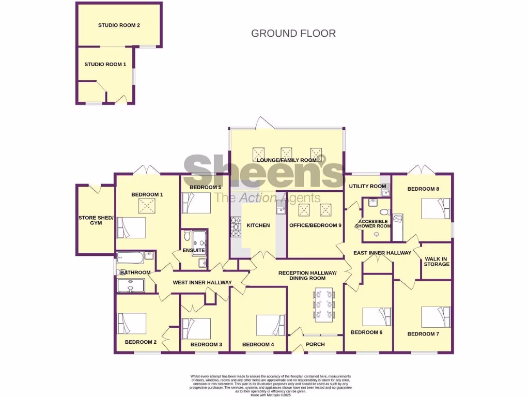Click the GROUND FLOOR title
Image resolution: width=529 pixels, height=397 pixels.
pos(293,34)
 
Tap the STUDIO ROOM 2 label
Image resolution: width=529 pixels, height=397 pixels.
pos(119,25)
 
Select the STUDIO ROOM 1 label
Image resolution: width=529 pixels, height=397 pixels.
pos(105,64)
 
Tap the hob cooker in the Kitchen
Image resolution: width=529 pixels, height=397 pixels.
pos(236,227)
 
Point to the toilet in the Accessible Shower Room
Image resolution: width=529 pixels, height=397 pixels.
pos(383,212)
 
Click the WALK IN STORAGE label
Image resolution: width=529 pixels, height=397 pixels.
pos(437,261)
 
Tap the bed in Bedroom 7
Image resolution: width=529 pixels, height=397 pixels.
pos(435,317)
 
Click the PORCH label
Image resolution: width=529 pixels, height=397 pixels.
pos(316,345)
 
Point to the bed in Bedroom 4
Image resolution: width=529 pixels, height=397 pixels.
pos(271,325)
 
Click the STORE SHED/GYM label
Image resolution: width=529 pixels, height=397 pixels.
pos(95,220)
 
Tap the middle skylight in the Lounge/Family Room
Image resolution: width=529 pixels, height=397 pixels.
pos(286,154)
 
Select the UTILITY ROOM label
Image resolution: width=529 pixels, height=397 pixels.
pos(367,186)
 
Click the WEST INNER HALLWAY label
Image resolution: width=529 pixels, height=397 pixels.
pos(202,282)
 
